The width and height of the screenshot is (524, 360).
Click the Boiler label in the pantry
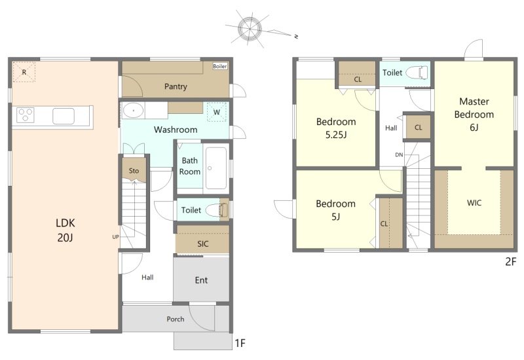(220, 66)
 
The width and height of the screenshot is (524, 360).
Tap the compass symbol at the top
(250, 29)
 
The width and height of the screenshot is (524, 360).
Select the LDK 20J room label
(65, 230)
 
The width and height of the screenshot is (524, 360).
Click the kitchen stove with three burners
(26, 115)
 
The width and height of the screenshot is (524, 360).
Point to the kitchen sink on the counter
(63, 116)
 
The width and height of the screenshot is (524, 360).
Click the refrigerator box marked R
(24, 72)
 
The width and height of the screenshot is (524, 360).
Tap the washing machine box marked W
(217, 112)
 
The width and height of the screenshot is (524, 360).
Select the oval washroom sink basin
(134, 110)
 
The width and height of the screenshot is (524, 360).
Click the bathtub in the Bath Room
(216, 168)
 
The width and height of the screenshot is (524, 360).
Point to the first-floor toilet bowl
(215, 210)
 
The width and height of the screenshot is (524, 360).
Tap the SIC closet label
(203, 243)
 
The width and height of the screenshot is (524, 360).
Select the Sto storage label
(134, 171)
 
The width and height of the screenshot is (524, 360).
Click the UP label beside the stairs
(116, 237)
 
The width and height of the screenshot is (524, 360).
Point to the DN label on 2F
(399, 154)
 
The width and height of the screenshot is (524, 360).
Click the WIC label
(474, 203)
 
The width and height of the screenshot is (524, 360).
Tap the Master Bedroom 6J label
(474, 114)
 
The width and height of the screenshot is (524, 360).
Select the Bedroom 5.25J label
(336, 128)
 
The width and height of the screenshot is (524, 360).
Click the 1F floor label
(240, 343)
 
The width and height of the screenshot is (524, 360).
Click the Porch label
(176, 319)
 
